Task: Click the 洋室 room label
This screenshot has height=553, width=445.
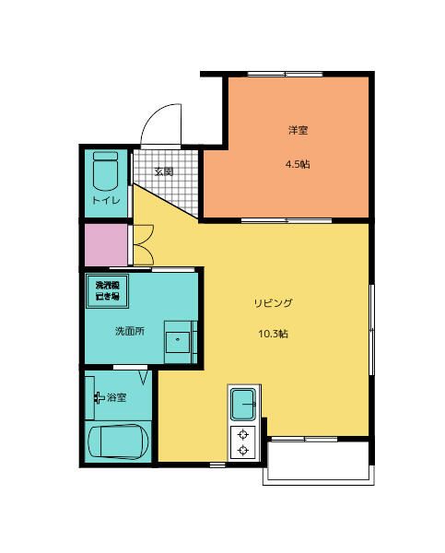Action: (x=297, y=130)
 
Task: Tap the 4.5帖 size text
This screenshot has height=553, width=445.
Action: (x=297, y=164)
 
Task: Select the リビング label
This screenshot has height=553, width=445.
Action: (x=274, y=302)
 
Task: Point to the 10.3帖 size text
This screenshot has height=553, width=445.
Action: (x=274, y=334)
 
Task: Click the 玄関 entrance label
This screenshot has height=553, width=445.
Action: (x=163, y=171)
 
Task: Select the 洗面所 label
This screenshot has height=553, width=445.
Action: (x=129, y=330)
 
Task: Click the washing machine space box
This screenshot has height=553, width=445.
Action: (x=108, y=290)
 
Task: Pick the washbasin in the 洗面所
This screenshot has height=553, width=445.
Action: (x=179, y=340)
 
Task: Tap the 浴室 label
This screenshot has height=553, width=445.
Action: (x=117, y=397)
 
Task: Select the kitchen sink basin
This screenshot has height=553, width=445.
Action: (x=244, y=403)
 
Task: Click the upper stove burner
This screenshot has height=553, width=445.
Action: (x=243, y=433)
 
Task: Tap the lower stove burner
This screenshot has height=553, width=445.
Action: (x=243, y=450)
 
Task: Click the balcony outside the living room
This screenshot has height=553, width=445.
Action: (x=319, y=463)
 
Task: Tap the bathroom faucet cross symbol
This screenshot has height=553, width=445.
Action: (x=99, y=397)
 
